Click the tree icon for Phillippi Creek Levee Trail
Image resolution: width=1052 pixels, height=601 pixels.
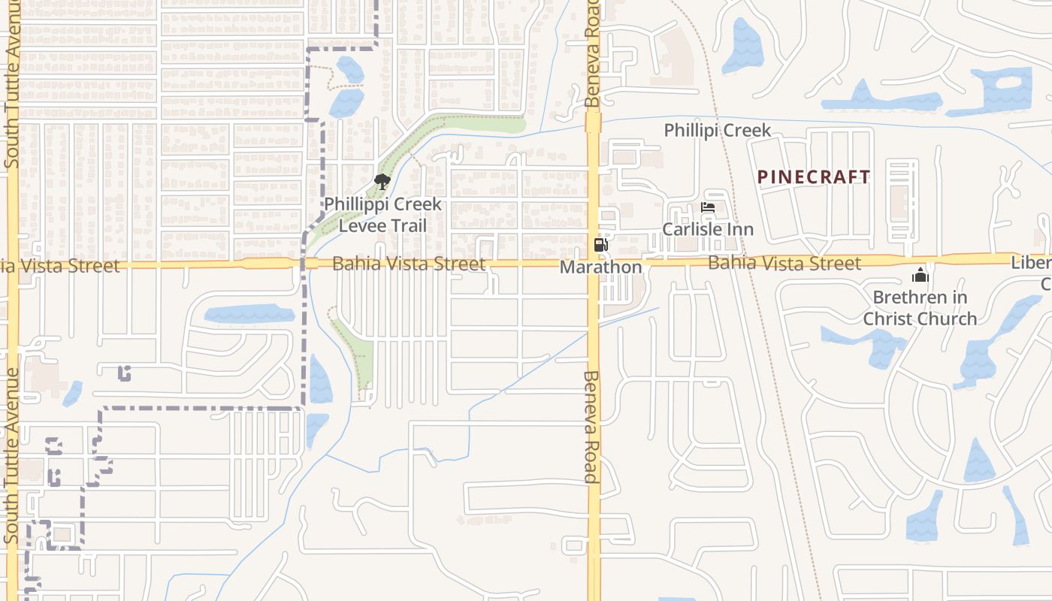[382, 181]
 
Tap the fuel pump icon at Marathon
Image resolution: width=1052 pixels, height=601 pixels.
[600, 245]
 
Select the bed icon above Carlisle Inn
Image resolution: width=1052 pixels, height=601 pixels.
[707, 207]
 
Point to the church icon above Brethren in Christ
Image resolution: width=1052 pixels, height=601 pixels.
[920, 276]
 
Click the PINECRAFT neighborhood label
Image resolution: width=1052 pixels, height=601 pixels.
[814, 177]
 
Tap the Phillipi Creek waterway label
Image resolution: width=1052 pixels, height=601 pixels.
[717, 131]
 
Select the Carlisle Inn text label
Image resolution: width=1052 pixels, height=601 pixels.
[707, 229]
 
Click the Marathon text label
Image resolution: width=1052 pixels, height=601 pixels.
[600, 267]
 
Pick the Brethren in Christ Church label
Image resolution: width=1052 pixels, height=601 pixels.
[920, 308]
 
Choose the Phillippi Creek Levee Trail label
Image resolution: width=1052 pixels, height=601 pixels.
[382, 215]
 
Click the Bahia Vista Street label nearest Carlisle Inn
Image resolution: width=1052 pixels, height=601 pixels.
[784, 263]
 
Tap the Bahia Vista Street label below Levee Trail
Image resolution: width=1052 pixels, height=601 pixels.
[408, 264]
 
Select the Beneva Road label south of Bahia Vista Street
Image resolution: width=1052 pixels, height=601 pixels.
[591, 426]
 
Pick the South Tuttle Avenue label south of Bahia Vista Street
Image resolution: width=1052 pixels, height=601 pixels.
[12, 455]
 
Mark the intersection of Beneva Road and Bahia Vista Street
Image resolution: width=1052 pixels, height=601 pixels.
[594, 264]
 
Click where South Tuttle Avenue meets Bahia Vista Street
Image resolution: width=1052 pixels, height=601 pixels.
[12, 264]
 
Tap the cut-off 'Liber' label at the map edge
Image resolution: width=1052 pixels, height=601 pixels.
[1031, 264]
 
